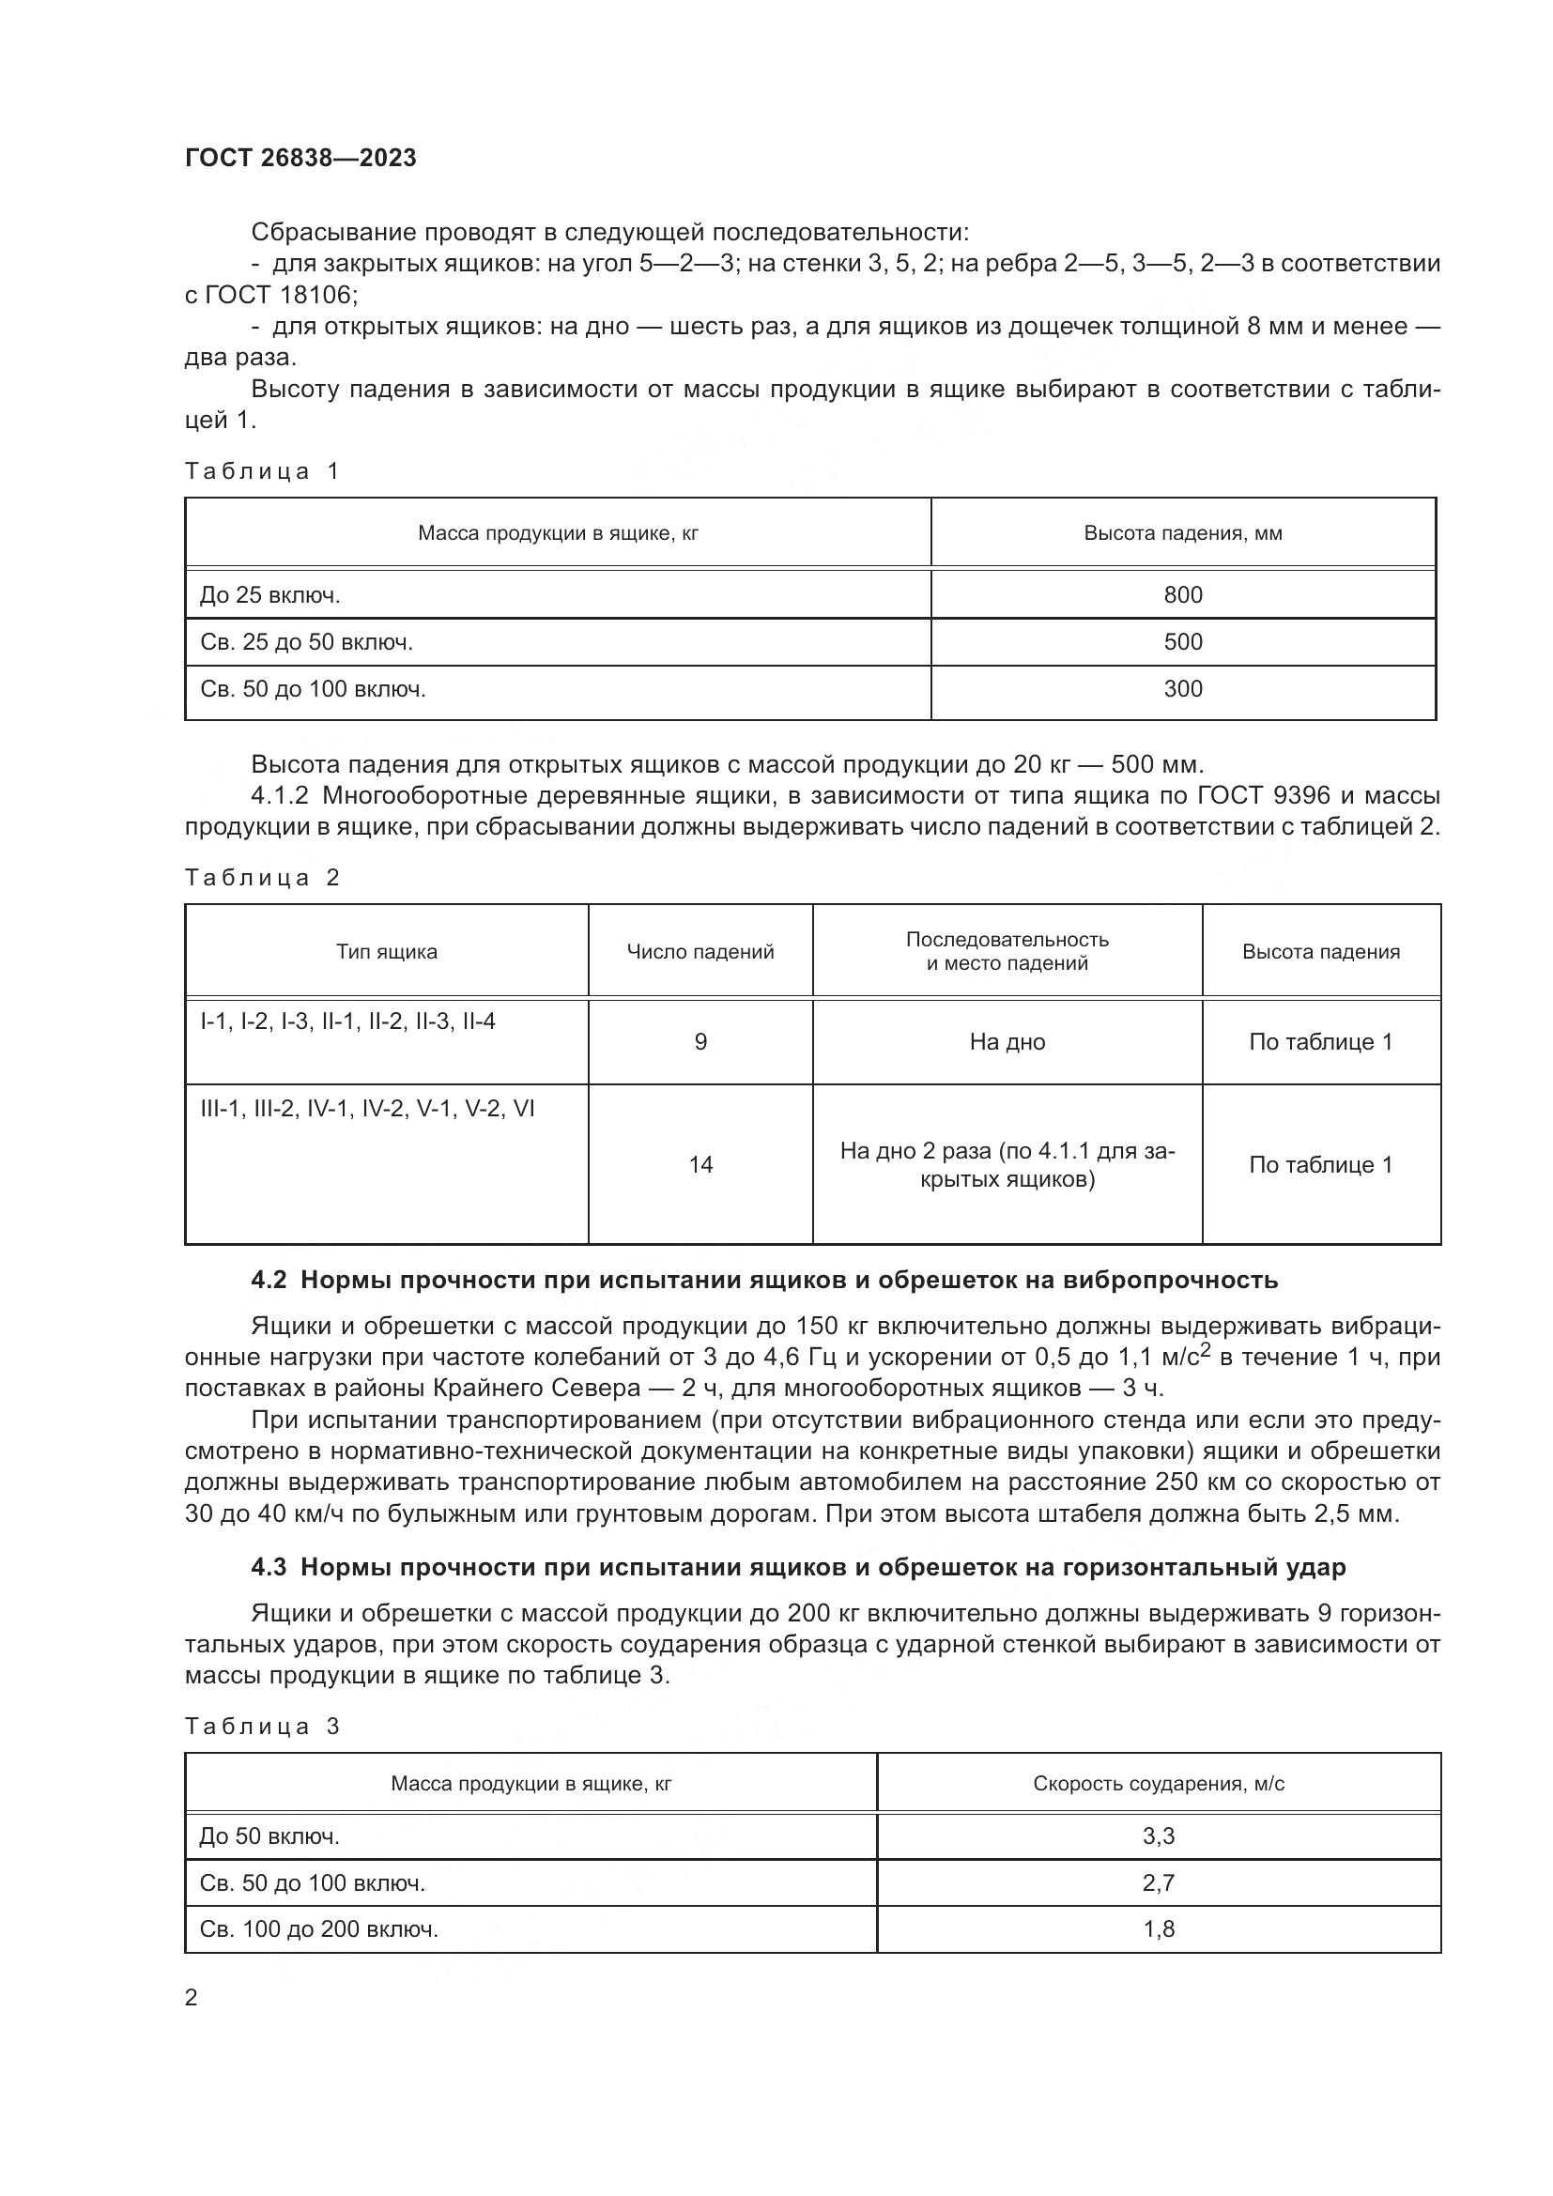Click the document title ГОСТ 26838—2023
[300, 159]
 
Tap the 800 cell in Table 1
[1183, 595]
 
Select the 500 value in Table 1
[1183, 642]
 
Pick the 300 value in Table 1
[1183, 688]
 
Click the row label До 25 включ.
[269, 595]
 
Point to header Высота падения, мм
[1183, 532]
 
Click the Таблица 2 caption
[262, 878]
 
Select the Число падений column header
[700, 952]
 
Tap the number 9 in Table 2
[700, 1041]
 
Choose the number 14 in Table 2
[700, 1164]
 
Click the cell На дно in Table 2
[1007, 1041]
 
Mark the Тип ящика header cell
[386, 952]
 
